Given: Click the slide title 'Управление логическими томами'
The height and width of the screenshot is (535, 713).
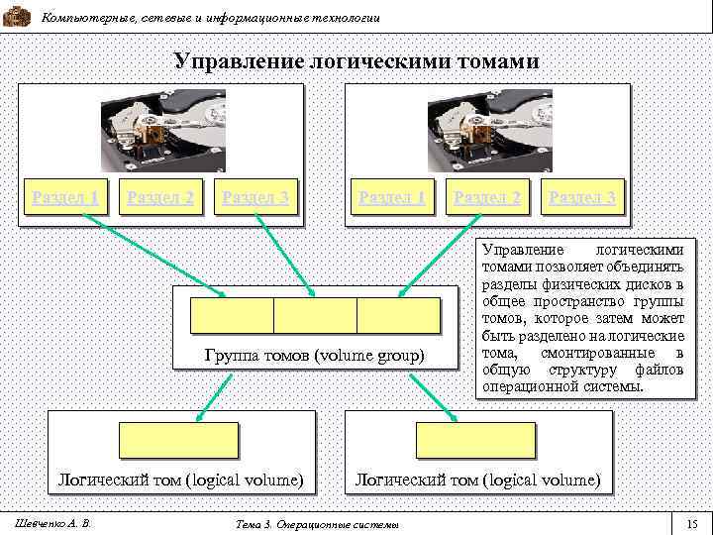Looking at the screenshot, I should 356,61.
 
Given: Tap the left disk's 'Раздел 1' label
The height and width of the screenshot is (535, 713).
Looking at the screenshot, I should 65,197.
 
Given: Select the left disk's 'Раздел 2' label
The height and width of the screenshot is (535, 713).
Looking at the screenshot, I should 160,197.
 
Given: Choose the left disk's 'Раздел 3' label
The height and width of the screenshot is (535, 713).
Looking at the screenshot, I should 255,197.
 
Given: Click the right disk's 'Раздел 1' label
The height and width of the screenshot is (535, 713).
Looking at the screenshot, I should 392,197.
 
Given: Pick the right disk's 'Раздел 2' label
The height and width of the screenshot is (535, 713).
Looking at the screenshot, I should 487,197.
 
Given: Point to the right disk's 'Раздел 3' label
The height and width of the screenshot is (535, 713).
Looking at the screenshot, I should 582,197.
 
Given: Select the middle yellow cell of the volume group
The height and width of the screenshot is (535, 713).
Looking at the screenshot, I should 315,315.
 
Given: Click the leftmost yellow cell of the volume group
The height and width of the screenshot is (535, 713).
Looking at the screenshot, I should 232,315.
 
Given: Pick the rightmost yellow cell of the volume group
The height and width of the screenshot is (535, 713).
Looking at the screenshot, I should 398,315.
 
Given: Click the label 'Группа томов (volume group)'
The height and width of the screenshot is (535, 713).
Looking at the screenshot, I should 314,355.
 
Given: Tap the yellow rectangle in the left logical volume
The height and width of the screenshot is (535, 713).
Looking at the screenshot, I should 179,440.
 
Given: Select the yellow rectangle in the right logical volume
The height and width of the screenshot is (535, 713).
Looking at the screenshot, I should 475,440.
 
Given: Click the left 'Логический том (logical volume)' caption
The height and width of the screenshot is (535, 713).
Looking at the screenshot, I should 179,480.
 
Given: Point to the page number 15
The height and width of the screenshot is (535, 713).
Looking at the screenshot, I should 692,523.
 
